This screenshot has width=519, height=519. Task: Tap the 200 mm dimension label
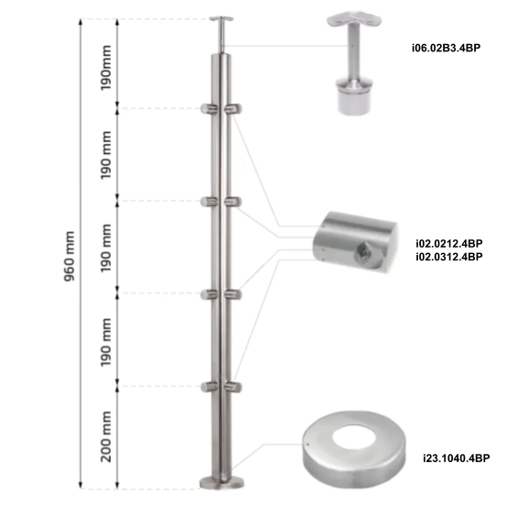click(x=107, y=437)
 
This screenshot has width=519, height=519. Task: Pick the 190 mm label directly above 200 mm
click(x=107, y=339)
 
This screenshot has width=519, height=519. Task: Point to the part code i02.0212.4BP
click(x=449, y=244)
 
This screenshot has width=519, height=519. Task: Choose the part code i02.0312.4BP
click(x=449, y=257)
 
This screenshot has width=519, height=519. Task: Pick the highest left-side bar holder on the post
click(x=206, y=110)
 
